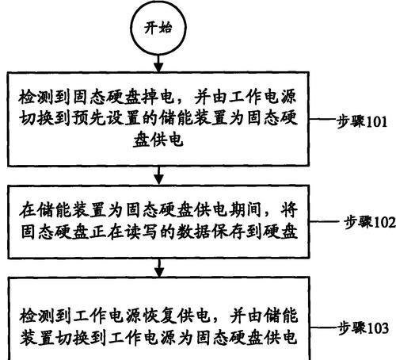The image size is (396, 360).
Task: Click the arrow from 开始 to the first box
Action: pyautogui.click(x=158, y=63)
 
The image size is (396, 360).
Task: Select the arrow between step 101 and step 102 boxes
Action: pyautogui.click(x=158, y=175)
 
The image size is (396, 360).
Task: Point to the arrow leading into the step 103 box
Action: pyautogui.click(x=159, y=267)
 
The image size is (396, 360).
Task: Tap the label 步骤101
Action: pyautogui.click(x=362, y=122)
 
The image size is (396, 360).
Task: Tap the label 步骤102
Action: pyautogui.click(x=370, y=222)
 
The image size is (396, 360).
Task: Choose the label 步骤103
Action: pyautogui.click(x=364, y=328)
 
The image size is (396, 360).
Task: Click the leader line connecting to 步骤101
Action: pyautogui.click(x=322, y=119)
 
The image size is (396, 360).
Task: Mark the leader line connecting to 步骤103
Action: pyautogui.click(x=324, y=328)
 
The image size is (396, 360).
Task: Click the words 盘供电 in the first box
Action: pyautogui.click(x=158, y=140)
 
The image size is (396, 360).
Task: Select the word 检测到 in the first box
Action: pyautogui.click(x=45, y=98)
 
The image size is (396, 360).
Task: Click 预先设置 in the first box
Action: pyautogui.click(x=106, y=118)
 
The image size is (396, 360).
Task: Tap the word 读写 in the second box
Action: pyautogui.click(x=141, y=232)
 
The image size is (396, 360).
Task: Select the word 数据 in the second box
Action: pyautogui.click(x=193, y=232)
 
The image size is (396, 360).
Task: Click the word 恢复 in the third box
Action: pyautogui.click(x=158, y=316)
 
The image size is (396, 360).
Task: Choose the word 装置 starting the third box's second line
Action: pyautogui.click(x=37, y=338)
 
